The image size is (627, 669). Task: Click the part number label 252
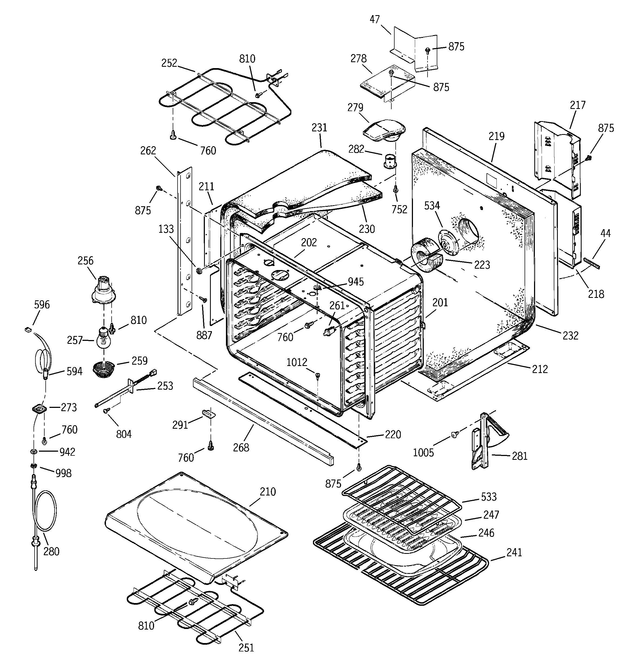tap(169, 63)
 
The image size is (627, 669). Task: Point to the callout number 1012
tap(297, 362)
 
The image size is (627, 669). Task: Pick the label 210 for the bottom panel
tap(268, 492)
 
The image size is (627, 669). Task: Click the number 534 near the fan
tap(432, 206)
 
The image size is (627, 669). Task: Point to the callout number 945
tap(356, 282)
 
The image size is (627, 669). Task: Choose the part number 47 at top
tap(375, 20)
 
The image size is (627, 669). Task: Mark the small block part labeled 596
tap(28, 329)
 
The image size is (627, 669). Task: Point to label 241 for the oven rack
tap(514, 552)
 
